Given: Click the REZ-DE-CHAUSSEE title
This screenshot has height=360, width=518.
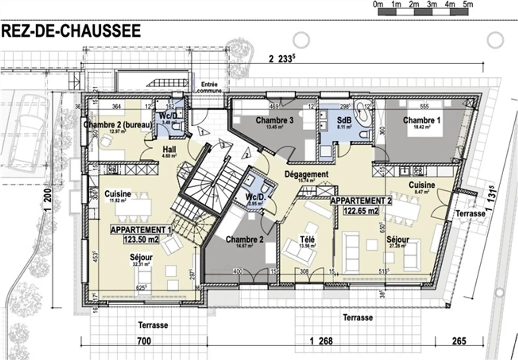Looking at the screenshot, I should click(71, 31).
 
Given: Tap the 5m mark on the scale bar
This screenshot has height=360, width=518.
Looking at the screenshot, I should click(468, 5).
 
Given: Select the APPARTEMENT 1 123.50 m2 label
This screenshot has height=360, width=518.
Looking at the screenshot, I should click(141, 234).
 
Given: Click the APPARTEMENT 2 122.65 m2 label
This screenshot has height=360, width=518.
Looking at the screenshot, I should click(361, 206).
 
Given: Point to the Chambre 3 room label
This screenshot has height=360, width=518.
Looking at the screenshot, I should click(274, 120).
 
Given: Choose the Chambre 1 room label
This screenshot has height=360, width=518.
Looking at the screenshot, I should click(421, 120).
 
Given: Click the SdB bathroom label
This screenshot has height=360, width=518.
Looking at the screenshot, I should click(344, 120).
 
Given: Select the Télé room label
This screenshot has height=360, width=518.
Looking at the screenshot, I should click(308, 239).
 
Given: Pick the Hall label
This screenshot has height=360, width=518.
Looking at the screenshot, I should click(169, 149).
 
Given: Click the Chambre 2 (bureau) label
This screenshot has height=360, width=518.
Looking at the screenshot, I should click(118, 125).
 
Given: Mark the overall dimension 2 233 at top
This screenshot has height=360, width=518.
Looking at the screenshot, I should click(280, 59).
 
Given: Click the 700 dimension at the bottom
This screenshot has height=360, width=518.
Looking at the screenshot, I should click(144, 341).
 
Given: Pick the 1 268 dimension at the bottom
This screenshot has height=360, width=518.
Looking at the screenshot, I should click(321, 341).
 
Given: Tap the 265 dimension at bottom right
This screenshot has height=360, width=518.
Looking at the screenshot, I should click(459, 341).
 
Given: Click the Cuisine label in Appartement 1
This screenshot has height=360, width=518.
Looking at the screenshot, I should click(118, 194).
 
